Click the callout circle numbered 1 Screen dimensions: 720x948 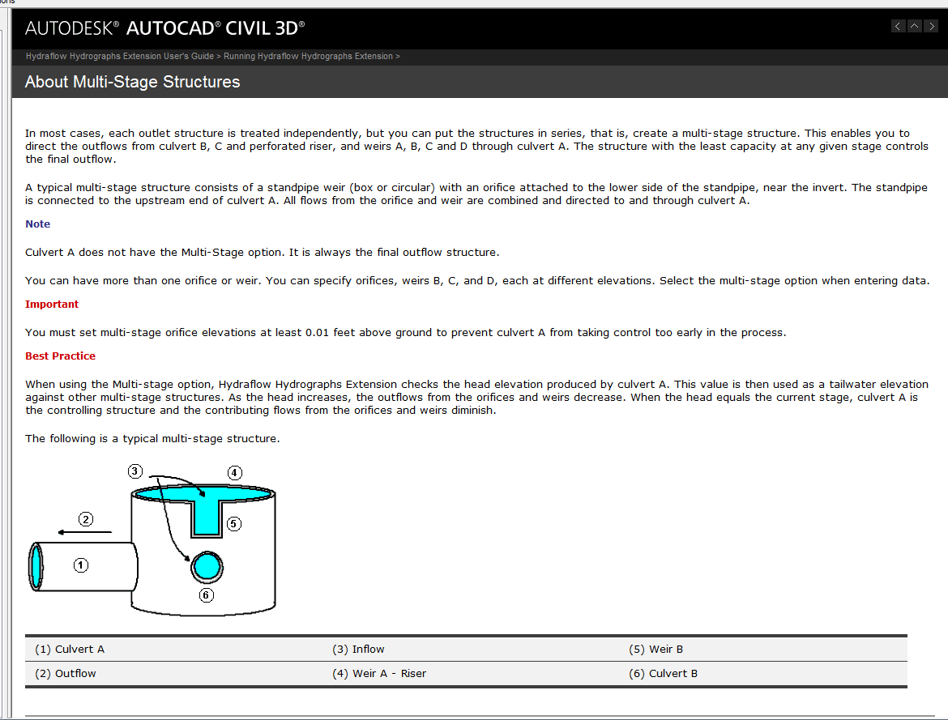click(81, 565)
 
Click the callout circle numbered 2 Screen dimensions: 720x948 click(86, 518)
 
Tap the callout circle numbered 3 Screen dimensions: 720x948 click(135, 471)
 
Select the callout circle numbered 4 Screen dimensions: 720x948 click(234, 472)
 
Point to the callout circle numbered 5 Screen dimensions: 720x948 click(234, 523)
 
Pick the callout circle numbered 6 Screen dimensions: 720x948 click(206, 595)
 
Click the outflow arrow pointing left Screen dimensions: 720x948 click(85, 531)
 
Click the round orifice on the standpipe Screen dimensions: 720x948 click(207, 566)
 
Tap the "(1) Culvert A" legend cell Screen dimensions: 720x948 click(70, 649)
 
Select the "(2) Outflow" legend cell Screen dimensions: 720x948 click(66, 673)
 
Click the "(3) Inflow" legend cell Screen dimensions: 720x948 click(358, 649)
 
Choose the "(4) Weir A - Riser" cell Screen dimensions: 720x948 click(378, 673)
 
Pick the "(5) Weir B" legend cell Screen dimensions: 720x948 click(655, 649)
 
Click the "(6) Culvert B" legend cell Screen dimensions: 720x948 click(663, 673)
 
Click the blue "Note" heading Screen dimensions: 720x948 click(37, 224)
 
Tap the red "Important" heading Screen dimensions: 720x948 click(52, 304)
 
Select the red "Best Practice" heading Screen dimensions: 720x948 click(60, 356)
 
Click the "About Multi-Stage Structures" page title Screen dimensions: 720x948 click(132, 82)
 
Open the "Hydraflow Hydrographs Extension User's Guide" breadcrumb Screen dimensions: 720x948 click(119, 56)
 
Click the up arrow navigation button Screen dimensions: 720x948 click(914, 26)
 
